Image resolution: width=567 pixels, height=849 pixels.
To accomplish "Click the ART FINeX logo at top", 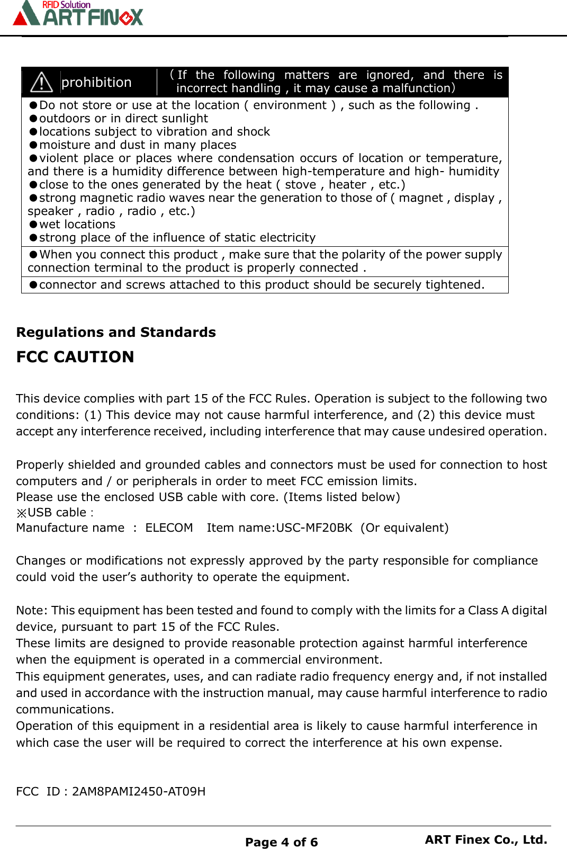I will coord(78,13).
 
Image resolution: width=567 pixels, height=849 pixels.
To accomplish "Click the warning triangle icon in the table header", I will coord(41,82).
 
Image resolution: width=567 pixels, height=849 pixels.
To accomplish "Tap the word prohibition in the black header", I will coord(96,83).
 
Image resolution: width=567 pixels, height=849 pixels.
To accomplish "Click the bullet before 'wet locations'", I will coord(33,225).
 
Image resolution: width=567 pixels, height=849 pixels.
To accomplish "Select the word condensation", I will coord(256,158).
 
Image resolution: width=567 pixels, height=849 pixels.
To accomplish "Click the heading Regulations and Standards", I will coord(116,332).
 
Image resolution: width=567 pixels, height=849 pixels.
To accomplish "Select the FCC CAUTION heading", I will coord(75,357).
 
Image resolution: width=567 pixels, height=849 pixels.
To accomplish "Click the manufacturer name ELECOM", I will coord(169,528).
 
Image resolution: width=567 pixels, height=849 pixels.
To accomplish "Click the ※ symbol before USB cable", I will coord(22,513).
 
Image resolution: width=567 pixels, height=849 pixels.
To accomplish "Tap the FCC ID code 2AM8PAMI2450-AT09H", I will coord(139,791).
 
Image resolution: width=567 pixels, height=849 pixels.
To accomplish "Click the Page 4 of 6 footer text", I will coord(281,842).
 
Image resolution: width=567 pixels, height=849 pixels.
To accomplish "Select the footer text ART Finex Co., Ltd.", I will coord(485,839).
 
